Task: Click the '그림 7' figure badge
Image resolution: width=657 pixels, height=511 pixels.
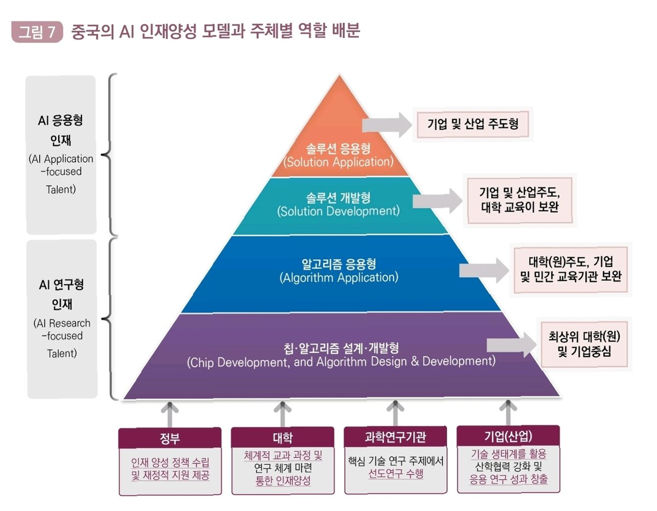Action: coord(37,32)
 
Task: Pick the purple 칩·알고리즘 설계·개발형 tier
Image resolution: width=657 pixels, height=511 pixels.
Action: coord(341,355)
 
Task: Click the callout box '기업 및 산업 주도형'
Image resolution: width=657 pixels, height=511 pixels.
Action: coord(473,124)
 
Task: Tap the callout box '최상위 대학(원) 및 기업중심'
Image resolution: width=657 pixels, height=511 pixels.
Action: coord(584,344)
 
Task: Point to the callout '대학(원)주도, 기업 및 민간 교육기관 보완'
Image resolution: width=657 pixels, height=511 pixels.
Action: coord(571,269)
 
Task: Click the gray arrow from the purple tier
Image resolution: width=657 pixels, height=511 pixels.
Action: coord(511,346)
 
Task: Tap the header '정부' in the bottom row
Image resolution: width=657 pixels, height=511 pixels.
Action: coord(170,438)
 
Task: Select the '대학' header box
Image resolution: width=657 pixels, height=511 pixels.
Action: coord(283,437)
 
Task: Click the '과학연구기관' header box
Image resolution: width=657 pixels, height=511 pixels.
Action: coord(396,436)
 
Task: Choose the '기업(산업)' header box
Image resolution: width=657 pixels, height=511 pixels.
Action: coord(508,436)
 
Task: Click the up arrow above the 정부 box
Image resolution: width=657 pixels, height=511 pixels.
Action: coord(170,413)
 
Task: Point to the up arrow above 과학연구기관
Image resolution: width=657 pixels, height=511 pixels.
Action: coord(395,412)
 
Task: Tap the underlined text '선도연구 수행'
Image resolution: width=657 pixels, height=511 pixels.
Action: coord(396,474)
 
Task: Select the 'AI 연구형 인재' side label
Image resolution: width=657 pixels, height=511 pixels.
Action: coord(62,318)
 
